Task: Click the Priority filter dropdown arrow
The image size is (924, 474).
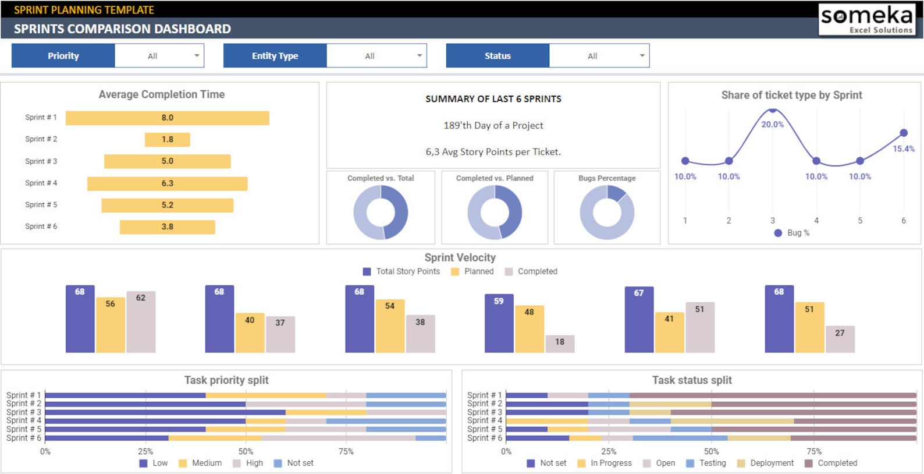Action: (197, 56)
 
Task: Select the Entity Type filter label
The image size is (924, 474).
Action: (275, 56)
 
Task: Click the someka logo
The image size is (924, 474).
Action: (866, 19)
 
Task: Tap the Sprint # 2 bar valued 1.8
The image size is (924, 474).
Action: (168, 140)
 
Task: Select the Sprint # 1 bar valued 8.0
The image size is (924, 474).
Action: (168, 118)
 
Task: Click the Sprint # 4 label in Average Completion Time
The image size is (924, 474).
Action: (41, 183)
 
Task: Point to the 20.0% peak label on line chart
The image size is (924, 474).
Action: (772, 124)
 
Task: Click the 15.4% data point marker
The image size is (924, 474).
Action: (903, 133)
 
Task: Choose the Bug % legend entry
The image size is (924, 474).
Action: (792, 232)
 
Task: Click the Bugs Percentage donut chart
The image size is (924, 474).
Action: (607, 212)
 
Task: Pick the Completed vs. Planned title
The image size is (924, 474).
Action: (495, 178)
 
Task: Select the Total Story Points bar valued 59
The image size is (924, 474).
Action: (499, 324)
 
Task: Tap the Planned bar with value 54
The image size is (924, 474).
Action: (390, 326)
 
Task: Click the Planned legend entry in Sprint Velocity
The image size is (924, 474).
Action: (472, 271)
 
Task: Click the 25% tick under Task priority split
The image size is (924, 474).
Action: (145, 451)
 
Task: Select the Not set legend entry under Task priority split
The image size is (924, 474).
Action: (294, 463)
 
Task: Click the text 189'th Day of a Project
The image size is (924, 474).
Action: (493, 125)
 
